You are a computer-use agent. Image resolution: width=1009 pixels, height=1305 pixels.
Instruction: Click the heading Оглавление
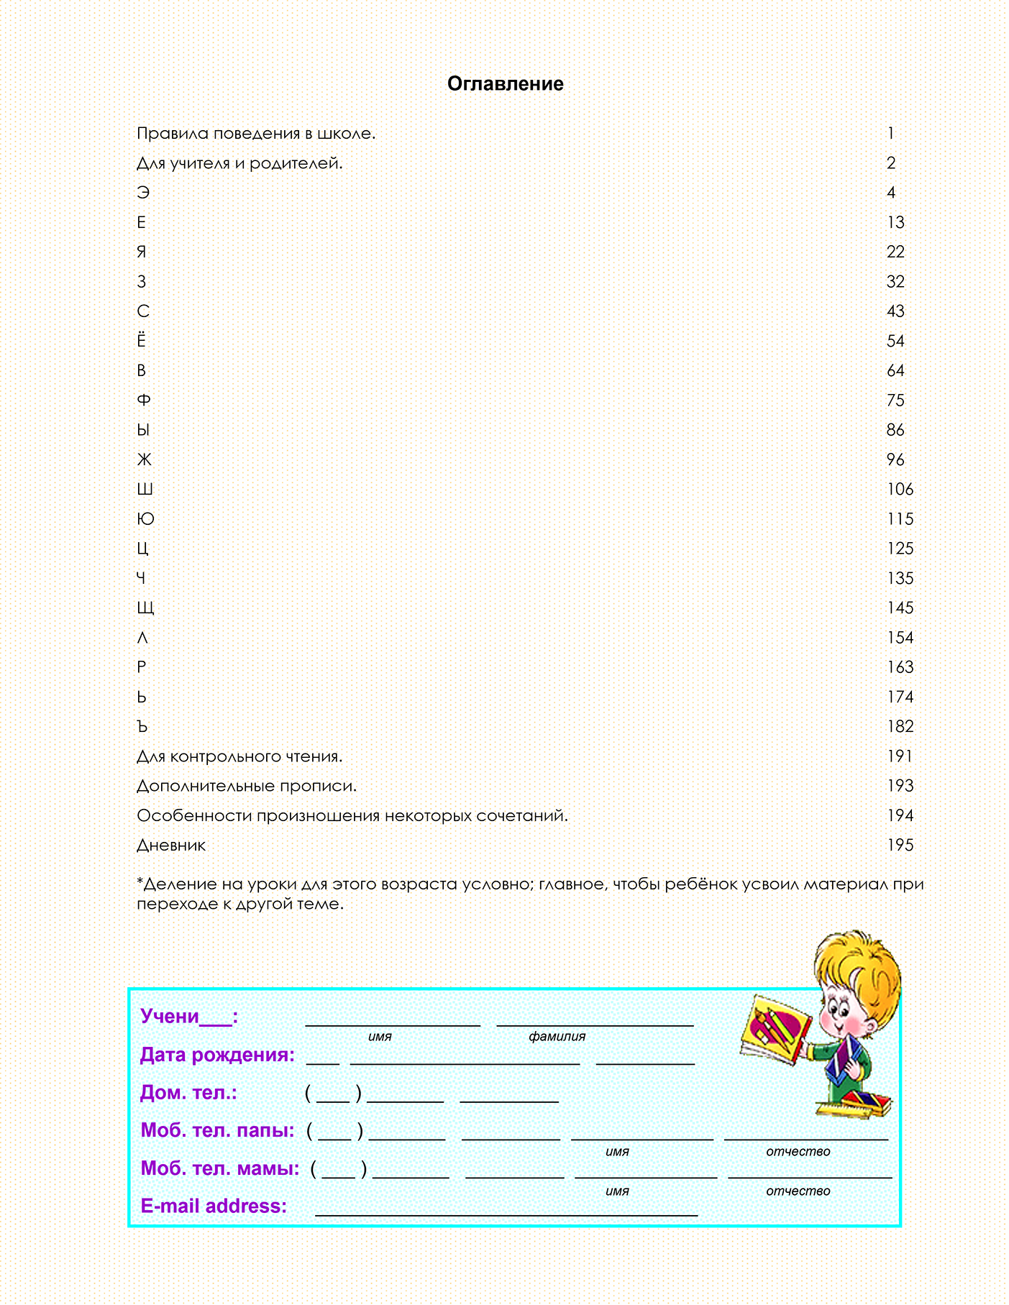pos(505,84)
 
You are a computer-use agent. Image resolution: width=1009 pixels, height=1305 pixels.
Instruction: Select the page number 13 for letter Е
pos(895,223)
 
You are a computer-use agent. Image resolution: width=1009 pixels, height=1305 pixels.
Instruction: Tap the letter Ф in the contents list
pos(144,400)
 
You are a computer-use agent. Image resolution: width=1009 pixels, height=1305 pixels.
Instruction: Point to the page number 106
pos(900,490)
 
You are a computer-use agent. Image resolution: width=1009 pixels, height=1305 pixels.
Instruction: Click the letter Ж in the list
pos(145,459)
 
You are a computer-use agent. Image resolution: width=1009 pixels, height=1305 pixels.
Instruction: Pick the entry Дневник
pos(171,846)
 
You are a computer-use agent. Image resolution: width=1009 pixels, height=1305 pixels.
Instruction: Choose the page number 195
pos(900,846)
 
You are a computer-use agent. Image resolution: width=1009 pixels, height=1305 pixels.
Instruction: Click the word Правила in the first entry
pos(168,134)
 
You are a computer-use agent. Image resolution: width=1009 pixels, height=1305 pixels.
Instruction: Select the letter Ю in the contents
pos(145,519)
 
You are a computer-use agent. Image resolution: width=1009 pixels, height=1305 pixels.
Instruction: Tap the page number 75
pos(895,400)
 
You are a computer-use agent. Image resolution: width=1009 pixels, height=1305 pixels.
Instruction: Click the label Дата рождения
pos(217,1055)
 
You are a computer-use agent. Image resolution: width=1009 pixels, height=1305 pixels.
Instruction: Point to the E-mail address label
pos(214,1206)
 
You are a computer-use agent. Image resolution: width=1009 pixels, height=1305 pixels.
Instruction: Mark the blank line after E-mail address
pos(506,1212)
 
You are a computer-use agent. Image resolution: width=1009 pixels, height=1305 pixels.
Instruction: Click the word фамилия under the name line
pos(557,1037)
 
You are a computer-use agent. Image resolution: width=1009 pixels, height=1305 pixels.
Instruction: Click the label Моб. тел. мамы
pos(219,1168)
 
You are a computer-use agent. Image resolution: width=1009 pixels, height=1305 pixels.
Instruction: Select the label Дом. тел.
pos(188,1093)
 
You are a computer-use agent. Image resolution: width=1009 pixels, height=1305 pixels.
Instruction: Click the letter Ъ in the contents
pos(142,727)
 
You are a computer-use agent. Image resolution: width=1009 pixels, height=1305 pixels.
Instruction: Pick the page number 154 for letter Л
pos(900,638)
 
